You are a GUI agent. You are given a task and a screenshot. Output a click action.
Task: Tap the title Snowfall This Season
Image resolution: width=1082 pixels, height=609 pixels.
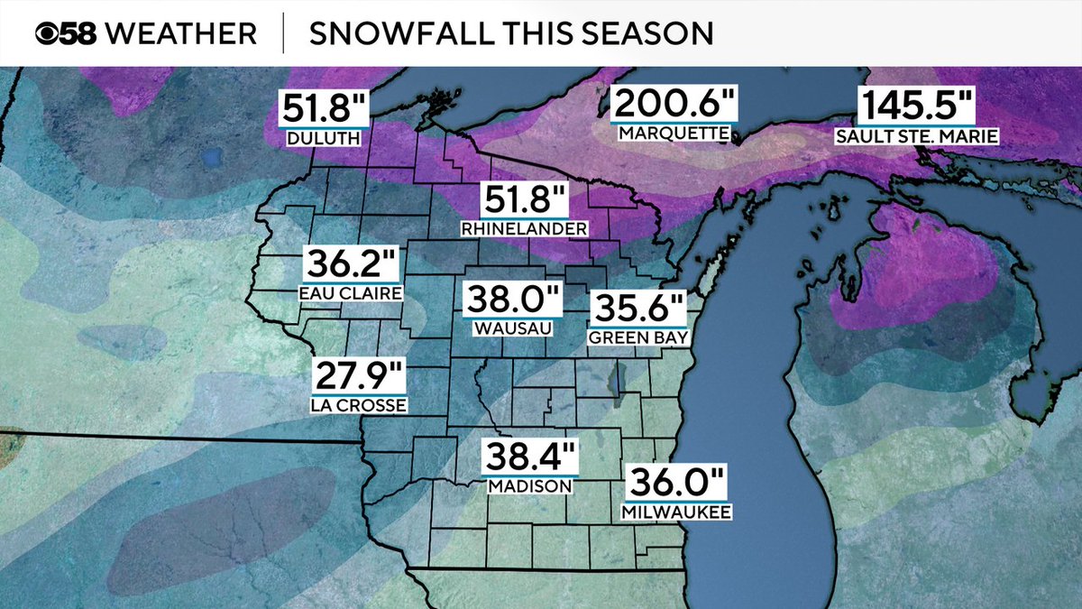[x=510, y=33]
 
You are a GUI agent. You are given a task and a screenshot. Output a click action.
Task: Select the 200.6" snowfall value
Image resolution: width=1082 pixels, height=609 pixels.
[x=674, y=106]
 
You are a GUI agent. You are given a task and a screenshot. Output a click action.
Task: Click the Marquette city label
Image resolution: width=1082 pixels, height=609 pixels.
[x=674, y=134]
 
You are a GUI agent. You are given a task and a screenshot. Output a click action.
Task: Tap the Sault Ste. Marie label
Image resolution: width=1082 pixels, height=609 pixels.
[x=916, y=135]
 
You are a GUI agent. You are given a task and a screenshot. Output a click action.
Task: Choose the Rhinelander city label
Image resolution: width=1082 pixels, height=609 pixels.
[x=525, y=229]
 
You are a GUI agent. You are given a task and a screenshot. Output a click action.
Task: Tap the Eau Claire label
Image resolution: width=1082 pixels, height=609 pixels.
[x=352, y=293]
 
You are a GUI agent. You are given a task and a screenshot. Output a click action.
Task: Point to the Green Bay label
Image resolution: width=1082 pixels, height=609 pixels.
[x=638, y=338]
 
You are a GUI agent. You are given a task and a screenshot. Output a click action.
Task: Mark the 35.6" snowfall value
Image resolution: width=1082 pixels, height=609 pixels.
[x=638, y=310]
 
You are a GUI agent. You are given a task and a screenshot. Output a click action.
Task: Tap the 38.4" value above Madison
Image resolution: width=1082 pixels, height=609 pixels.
[x=529, y=458]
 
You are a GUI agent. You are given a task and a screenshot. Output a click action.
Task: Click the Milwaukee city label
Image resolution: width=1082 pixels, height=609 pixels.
[x=675, y=512]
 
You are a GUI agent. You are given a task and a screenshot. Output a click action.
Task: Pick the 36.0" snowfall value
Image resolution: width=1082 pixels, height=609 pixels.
[x=675, y=484]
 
